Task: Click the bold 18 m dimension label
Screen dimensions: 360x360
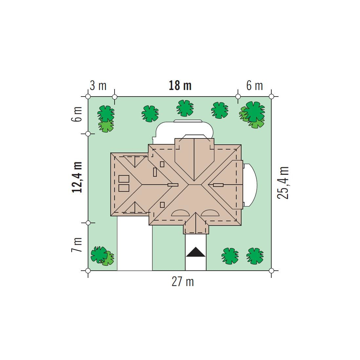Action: [180, 86]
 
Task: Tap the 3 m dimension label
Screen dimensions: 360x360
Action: [98, 86]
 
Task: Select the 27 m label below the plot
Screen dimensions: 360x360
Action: [183, 281]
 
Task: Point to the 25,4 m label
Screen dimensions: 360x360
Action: [283, 183]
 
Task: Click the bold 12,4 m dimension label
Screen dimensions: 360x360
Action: [77, 177]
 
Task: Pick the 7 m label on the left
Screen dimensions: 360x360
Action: [77, 245]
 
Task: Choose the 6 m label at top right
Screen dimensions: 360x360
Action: [254, 86]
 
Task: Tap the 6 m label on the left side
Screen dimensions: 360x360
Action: [77, 114]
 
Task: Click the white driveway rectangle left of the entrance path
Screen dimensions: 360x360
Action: [135, 243]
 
